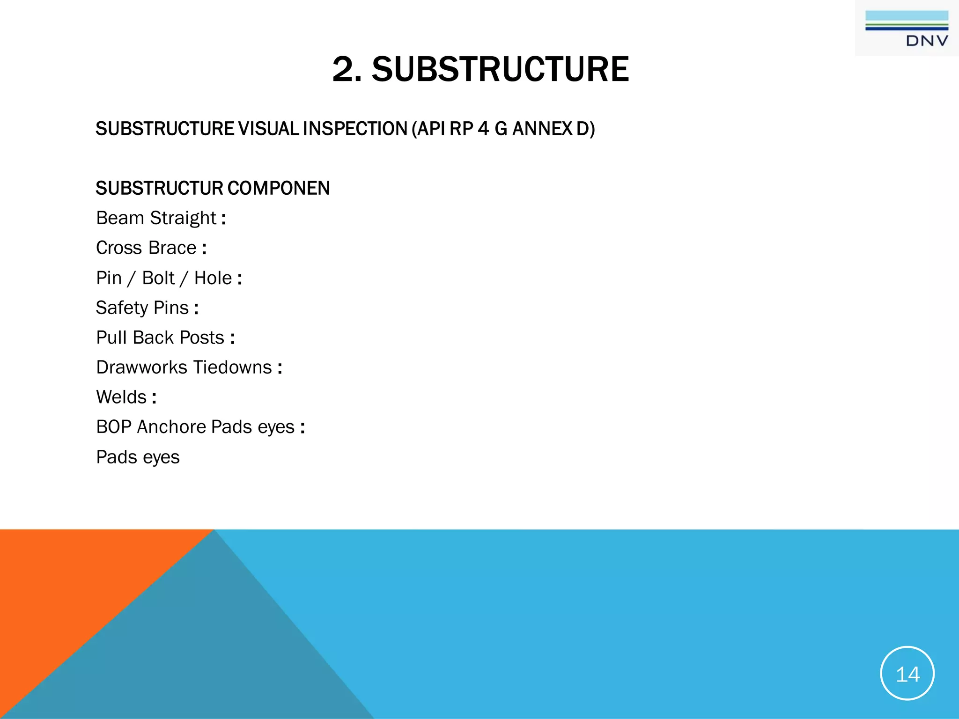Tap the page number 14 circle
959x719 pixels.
coord(907,673)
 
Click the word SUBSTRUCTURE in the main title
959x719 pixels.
coord(500,69)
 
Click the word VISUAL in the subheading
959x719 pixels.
coord(268,129)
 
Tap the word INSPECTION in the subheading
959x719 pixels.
coord(355,129)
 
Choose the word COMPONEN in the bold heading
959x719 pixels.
coord(279,188)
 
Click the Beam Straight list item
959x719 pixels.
coord(156,218)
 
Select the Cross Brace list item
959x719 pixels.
coord(146,248)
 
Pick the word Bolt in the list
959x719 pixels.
coord(158,278)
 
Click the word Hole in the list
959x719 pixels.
coord(213,278)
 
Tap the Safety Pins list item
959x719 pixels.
coord(142,308)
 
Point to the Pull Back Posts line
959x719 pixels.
coord(160,337)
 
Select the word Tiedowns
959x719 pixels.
coord(233,367)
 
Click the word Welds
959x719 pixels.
coord(121,397)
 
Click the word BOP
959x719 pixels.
coord(113,427)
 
